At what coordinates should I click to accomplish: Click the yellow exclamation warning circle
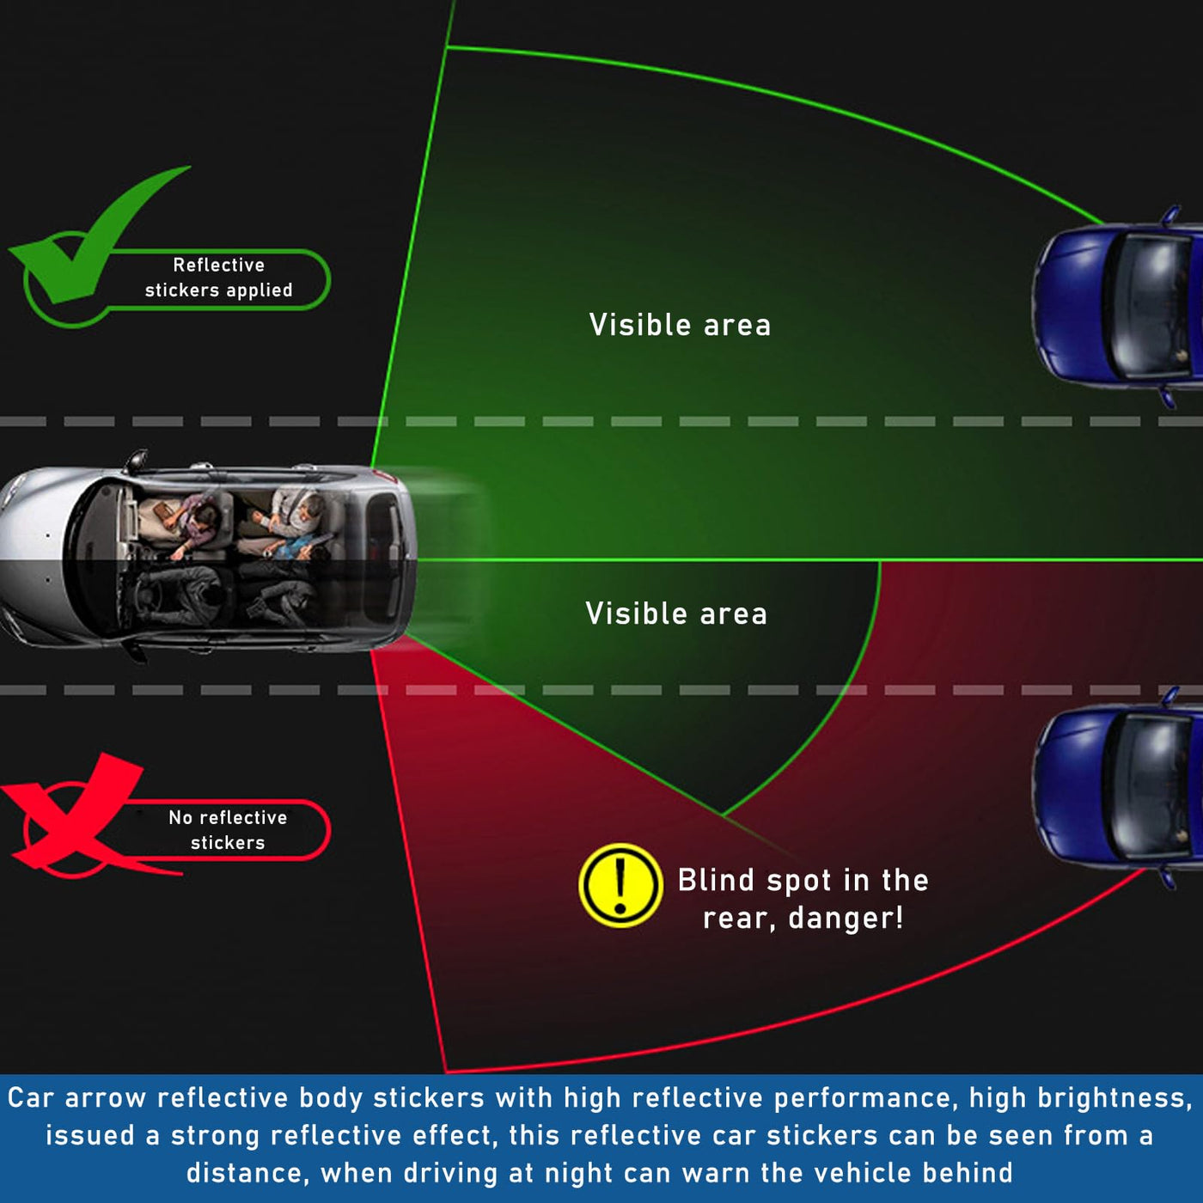(x=620, y=885)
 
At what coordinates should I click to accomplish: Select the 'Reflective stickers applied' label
(x=219, y=278)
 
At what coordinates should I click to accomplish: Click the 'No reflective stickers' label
(x=228, y=830)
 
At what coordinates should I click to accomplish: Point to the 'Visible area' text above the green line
(x=680, y=325)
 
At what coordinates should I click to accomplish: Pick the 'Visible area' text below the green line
(x=676, y=614)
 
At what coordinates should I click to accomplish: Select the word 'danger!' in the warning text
(x=846, y=919)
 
